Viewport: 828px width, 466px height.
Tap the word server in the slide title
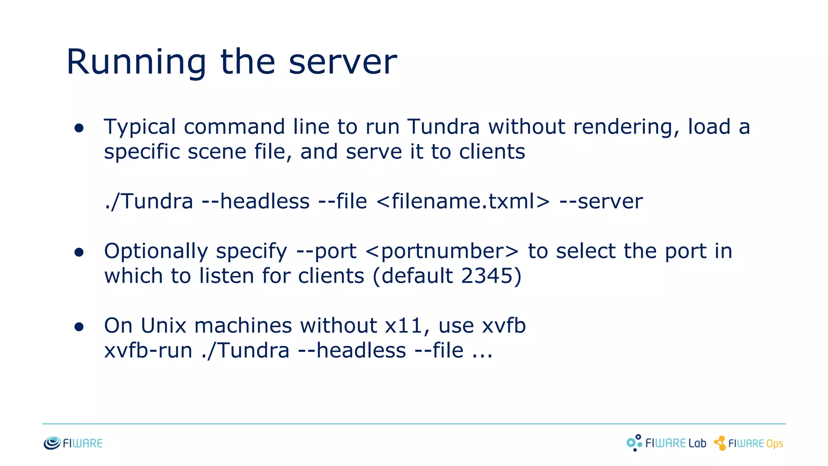tap(342, 63)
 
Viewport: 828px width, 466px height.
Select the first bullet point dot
tap(79, 128)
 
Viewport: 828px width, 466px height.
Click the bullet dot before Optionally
tap(79, 252)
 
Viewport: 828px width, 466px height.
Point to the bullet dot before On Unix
tap(79, 327)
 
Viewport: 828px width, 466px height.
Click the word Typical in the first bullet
tap(139, 127)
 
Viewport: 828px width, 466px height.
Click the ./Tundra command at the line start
tap(148, 201)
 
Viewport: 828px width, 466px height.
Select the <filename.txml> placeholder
tap(463, 201)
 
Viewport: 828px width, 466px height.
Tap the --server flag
tap(601, 201)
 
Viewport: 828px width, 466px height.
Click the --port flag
tap(326, 252)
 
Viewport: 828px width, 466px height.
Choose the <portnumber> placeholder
tap(442, 252)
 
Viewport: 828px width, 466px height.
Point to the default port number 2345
tap(487, 276)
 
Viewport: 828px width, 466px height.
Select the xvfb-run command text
tap(148, 351)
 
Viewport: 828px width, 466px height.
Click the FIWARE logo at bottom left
tap(73, 443)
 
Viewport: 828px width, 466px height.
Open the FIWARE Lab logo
tap(666, 443)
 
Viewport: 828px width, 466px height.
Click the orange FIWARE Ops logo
tap(748, 443)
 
